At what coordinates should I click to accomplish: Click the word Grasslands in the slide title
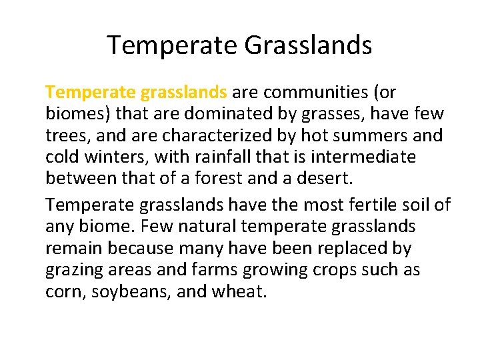pos(308,45)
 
